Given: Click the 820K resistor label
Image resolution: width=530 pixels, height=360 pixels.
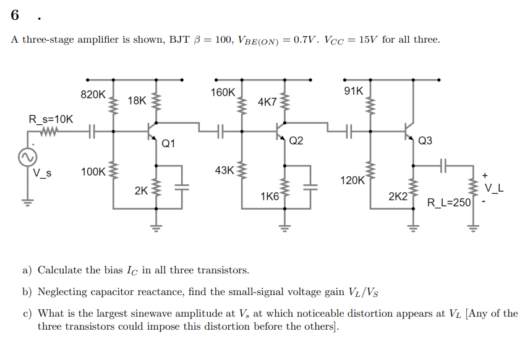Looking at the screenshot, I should (x=93, y=95).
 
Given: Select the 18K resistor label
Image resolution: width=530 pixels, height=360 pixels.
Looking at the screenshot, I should (x=137, y=100).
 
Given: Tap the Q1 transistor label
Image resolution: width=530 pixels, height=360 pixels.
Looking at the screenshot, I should (x=168, y=144).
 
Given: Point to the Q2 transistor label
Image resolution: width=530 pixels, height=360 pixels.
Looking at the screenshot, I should (x=296, y=140).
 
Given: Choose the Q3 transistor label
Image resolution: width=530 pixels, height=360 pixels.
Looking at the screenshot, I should (x=425, y=140).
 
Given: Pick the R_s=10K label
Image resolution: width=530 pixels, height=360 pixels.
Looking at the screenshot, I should (x=51, y=119).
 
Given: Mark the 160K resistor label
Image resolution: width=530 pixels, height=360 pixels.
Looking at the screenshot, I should (x=223, y=92).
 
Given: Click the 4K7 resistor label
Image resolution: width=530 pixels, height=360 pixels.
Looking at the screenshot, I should (x=267, y=101).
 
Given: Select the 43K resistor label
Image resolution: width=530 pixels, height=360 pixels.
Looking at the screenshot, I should (x=224, y=169).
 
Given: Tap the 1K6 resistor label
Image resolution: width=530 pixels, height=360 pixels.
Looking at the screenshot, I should (x=270, y=197).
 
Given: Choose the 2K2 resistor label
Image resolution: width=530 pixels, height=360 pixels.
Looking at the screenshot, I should (x=398, y=197).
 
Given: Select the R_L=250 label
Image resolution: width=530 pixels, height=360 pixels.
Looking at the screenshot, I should (x=450, y=202).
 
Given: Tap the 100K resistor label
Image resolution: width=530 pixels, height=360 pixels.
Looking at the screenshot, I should (x=93, y=171).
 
